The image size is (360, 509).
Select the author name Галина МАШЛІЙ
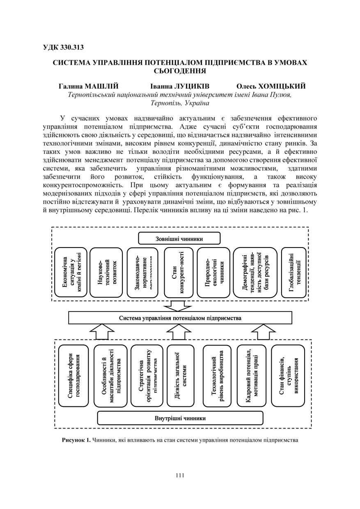[88, 86]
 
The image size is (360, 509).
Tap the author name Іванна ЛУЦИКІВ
[180, 86]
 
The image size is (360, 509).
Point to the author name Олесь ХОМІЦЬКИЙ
[271, 86]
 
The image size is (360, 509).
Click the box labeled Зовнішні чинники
[179, 238]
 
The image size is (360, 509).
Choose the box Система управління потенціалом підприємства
[180, 318]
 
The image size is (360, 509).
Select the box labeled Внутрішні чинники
[180, 418]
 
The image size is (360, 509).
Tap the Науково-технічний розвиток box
[106, 273]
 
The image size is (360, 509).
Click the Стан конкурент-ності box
[179, 273]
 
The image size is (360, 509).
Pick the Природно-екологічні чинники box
[213, 273]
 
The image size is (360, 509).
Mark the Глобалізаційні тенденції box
[294, 273]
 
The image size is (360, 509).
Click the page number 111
[180, 475]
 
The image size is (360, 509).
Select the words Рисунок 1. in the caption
[76, 440]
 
